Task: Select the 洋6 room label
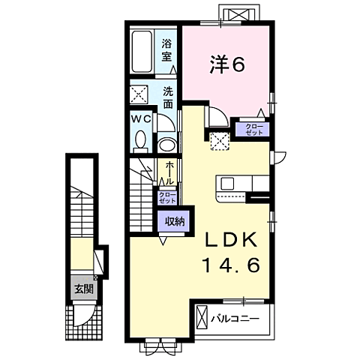coord(226,66)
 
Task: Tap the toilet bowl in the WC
coord(140,139)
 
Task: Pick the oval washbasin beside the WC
coord(167,143)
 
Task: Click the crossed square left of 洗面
coord(140,95)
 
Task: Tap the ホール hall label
coord(170,173)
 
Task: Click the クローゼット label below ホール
coord(166,197)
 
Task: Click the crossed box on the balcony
coord(202,317)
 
